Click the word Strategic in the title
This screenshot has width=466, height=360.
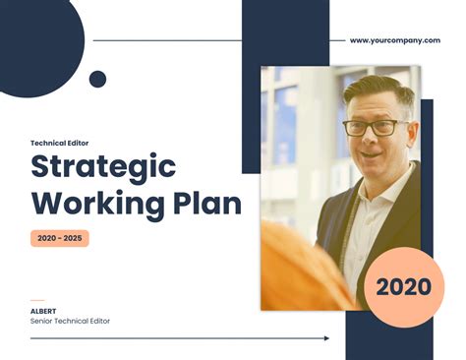coord(103,166)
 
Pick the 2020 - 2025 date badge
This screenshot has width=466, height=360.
coord(60,238)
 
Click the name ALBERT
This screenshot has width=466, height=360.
coord(44,311)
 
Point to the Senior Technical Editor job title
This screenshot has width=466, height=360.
coord(70,322)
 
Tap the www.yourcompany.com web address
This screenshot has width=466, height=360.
coord(394,41)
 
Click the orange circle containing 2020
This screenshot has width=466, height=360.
coord(403,287)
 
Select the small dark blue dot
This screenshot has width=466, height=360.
coord(97,79)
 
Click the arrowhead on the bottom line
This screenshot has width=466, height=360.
coord(326,338)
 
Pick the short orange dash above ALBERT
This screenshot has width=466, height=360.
coord(37,300)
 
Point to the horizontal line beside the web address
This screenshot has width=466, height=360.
coord(167,41)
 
